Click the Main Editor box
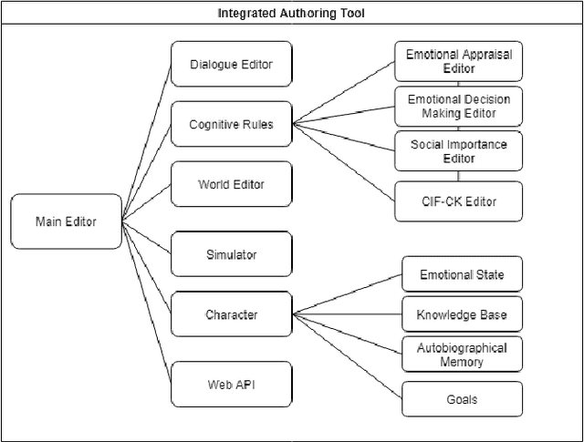coord(66,221)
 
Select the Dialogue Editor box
coord(232,64)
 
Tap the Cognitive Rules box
coord(232,124)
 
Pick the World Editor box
coord(232,184)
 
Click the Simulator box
coord(232,254)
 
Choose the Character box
coord(232,315)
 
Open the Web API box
coord(232,385)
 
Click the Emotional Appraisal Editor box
coord(458,60)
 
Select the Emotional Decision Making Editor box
coord(458,106)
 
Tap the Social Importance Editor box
coord(458,151)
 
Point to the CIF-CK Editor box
coord(458,200)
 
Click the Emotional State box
coord(462,274)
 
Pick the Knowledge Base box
coord(462,315)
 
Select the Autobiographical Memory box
coord(462,355)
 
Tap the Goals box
coord(462,399)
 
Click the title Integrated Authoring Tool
coord(291,13)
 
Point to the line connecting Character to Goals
coord(347,356)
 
